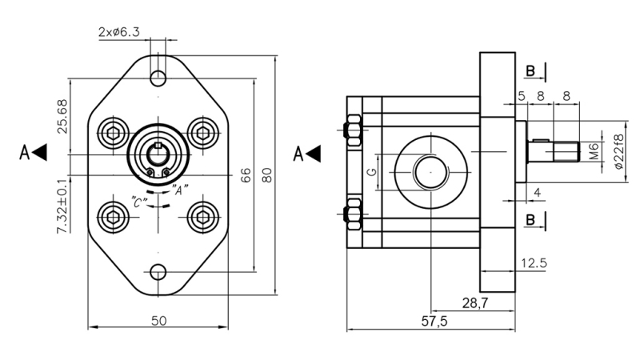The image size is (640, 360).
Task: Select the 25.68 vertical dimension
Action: click(62, 115)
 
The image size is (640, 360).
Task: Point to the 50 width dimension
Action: click(158, 320)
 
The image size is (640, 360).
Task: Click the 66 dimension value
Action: click(246, 175)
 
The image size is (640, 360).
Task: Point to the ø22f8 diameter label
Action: click(618, 151)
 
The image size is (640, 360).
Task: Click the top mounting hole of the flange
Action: click(158, 78)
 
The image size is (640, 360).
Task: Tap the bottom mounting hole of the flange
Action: click(158, 272)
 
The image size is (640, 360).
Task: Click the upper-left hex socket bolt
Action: click(112, 131)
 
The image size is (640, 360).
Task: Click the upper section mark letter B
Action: click(530, 72)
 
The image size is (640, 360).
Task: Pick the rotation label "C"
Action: click(138, 203)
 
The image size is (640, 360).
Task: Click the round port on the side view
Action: click(431, 171)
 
